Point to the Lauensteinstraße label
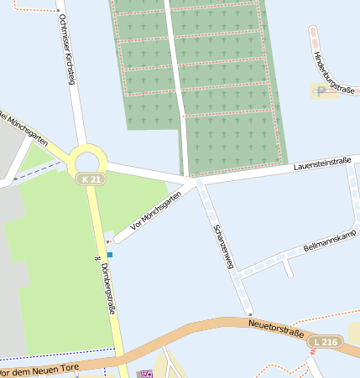(x=322, y=165)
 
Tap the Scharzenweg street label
(x=222, y=246)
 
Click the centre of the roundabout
(x=87, y=160)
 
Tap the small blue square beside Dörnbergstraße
(x=109, y=255)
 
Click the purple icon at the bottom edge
(x=144, y=374)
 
